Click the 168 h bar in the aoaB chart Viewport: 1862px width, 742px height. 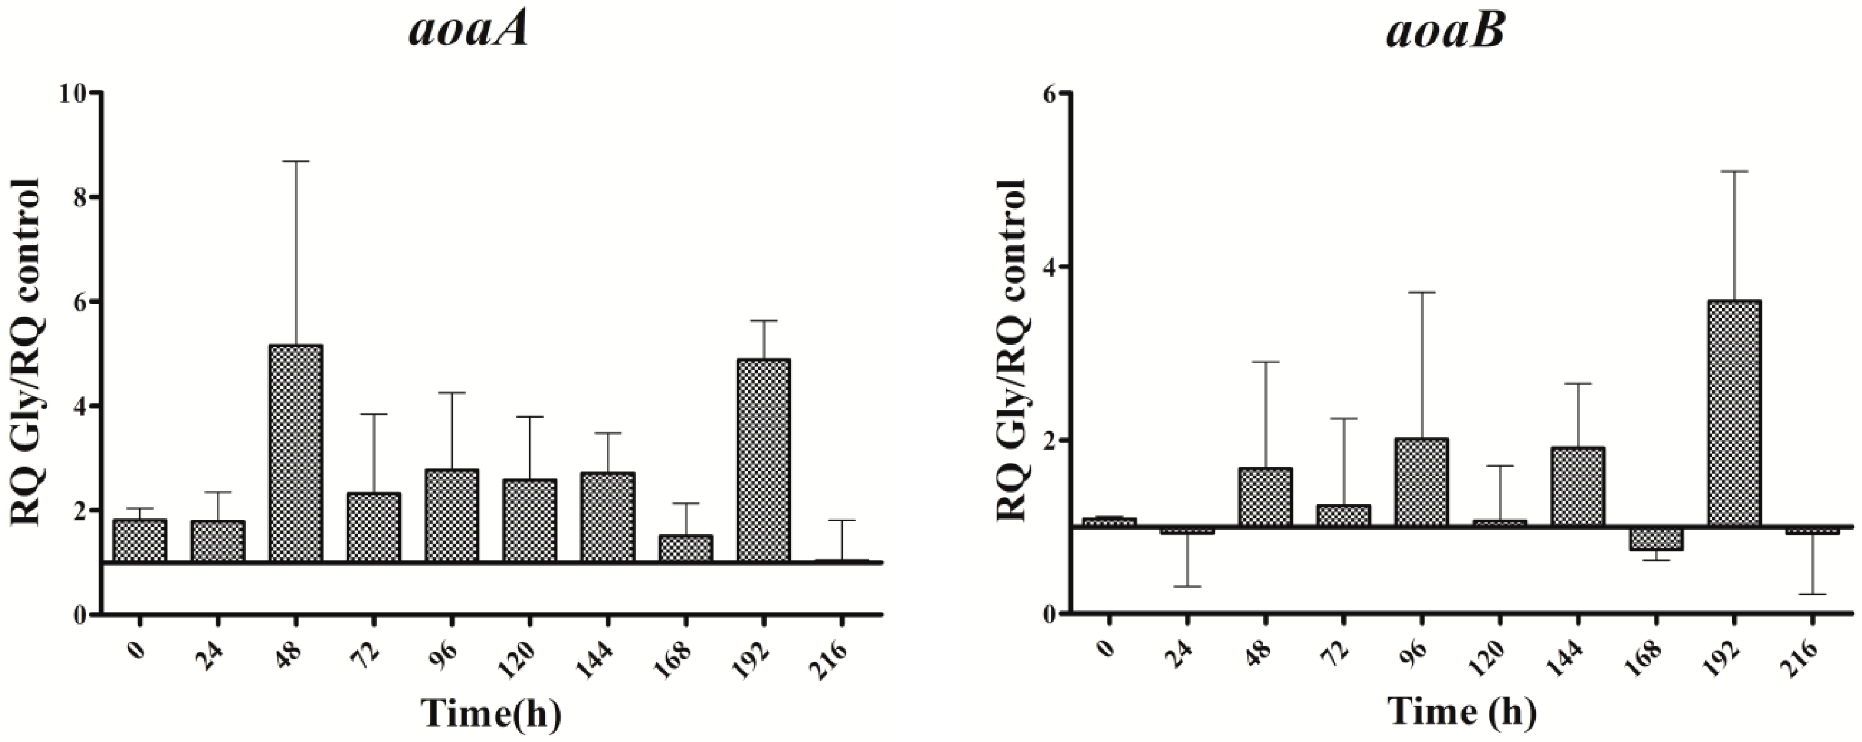tap(1656, 538)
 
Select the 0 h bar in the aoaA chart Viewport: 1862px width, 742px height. tap(139, 540)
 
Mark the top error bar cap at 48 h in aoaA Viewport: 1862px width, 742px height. tap(296, 161)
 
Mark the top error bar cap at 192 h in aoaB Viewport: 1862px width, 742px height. tap(1734, 171)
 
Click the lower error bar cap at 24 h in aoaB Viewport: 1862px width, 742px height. tap(1187, 586)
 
